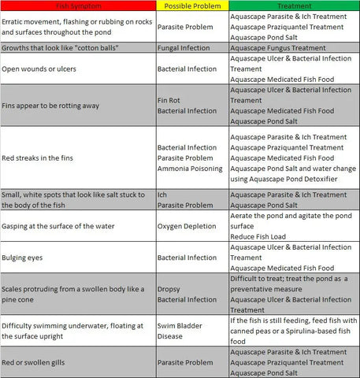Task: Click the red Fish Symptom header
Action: (x=77, y=6)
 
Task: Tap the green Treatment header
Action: (x=293, y=6)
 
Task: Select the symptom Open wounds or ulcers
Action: (x=49, y=69)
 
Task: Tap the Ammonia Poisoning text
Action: (x=190, y=169)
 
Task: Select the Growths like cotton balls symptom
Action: (x=60, y=48)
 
